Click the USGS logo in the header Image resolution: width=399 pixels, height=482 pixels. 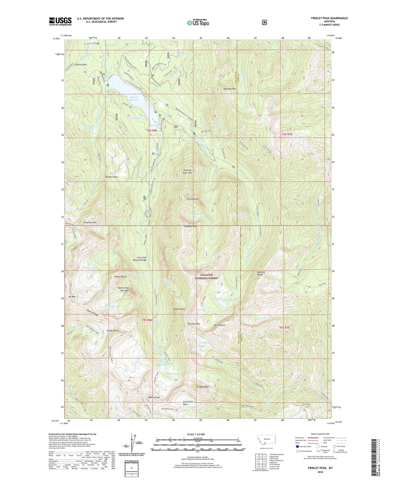coord(60,21)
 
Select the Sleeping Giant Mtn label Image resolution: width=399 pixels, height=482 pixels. coord(187,171)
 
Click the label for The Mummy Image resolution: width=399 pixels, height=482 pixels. coord(192,199)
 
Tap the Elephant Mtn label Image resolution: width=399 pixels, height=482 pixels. coord(90,222)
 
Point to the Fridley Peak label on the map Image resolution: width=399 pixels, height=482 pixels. coord(203,387)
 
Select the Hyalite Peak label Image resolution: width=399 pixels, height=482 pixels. coord(154,397)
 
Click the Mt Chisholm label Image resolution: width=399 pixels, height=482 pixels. coord(220,325)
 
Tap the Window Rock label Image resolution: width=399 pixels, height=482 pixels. coord(112,177)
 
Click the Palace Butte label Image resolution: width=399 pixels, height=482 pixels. coord(120,277)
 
